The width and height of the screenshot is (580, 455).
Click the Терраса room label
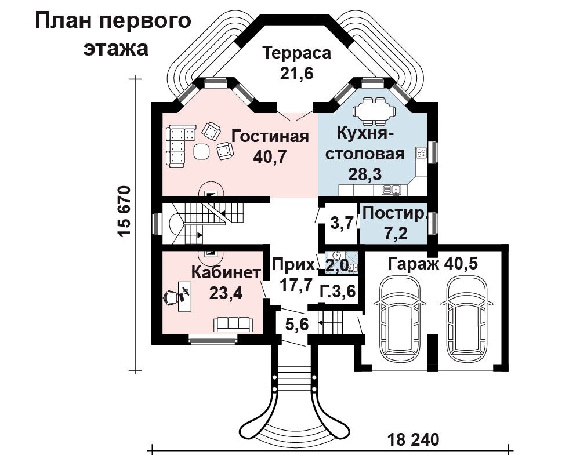(296, 53)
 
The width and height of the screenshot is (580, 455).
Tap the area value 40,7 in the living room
(270, 158)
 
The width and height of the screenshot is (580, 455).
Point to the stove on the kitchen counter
(421, 152)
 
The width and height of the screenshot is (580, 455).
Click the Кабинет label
(226, 273)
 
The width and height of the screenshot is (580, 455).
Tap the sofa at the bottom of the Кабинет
(233, 324)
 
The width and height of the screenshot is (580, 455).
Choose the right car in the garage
(466, 316)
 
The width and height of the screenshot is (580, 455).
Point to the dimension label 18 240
(413, 440)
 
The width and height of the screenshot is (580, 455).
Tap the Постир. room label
(394, 214)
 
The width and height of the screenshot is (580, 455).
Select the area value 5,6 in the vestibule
(296, 325)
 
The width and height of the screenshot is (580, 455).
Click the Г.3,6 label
(338, 292)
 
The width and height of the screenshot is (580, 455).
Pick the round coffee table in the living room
(202, 151)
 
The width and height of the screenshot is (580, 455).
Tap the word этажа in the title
(116, 49)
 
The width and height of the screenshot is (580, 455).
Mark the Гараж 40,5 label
(433, 264)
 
